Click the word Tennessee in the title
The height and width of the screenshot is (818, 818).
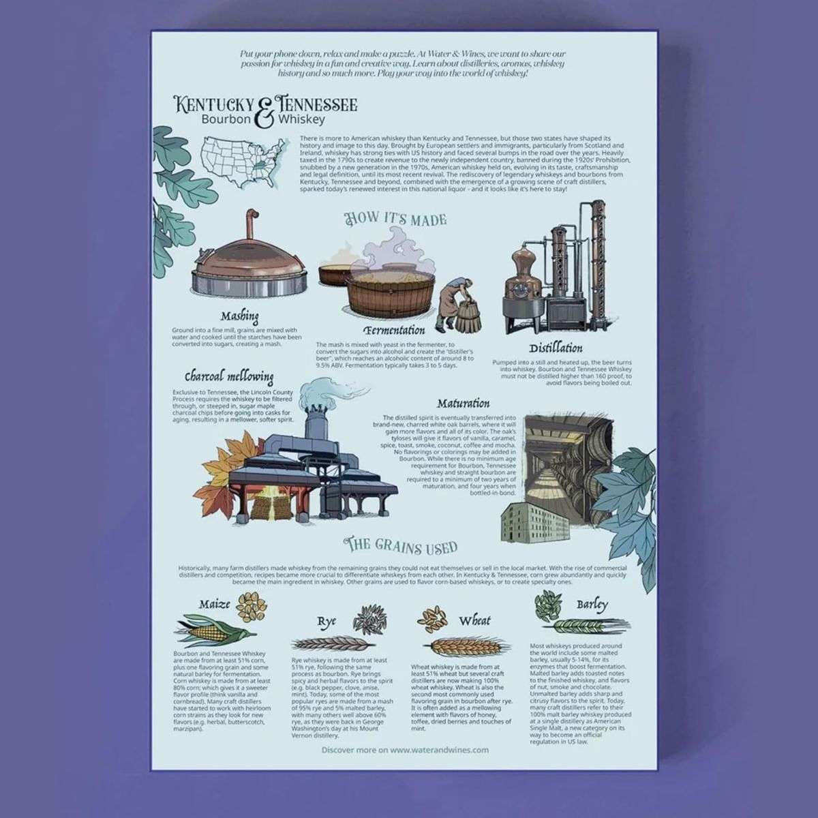(314, 106)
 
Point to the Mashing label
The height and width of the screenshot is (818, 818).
(239, 316)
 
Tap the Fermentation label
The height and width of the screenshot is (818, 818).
(389, 331)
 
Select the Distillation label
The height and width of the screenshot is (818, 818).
(556, 348)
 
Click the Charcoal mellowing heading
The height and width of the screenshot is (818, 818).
(229, 376)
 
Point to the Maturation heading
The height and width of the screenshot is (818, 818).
(464, 403)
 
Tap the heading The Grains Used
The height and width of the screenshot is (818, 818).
(401, 547)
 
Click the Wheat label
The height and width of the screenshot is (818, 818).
(474, 620)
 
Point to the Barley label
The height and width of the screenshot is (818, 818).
(592, 604)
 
